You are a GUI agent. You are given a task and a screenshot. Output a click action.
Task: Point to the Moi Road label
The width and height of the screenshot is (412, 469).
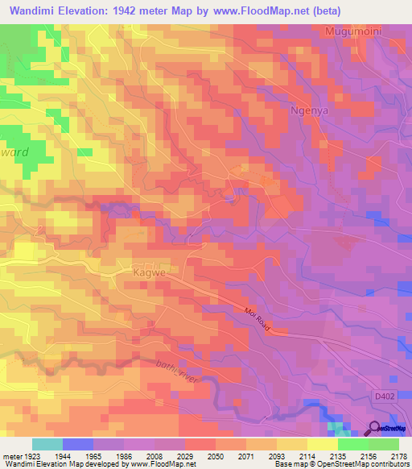[x=257, y=314]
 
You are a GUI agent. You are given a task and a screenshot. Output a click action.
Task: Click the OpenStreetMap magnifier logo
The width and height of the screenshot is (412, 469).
[x=373, y=428]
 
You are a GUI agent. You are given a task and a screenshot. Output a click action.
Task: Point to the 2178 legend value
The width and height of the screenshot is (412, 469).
[x=399, y=456]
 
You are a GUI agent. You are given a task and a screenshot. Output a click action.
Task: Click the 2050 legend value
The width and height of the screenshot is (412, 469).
[x=215, y=456]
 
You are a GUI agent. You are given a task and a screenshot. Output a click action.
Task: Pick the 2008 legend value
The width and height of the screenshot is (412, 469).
[x=154, y=456]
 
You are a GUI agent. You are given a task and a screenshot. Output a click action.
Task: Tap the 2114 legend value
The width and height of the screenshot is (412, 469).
[x=307, y=456]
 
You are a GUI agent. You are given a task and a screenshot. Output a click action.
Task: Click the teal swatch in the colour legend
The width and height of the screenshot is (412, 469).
[x=47, y=444]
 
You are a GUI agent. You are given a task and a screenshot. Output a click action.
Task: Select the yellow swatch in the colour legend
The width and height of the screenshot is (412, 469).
[x=323, y=444]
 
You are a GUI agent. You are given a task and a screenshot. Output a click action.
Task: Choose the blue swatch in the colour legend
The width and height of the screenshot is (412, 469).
[x=77, y=444]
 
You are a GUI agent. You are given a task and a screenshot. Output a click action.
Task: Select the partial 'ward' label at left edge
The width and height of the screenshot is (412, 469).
[x=14, y=152]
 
